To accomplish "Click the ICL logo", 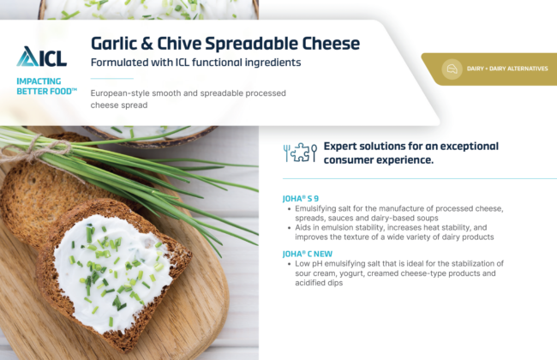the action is pos(42,57).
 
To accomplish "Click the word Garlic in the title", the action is pos(114,44).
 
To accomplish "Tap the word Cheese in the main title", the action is pos(331,44).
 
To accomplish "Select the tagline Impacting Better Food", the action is pos(46,87).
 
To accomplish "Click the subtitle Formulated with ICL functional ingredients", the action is pos(195,63).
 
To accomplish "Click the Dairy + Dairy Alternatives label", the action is pos(507,69).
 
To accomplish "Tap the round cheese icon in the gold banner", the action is pos(452,69).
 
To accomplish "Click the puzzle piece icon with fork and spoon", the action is pos(300,153).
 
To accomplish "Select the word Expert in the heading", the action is pos(339,147).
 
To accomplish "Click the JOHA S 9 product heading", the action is pos(301,198).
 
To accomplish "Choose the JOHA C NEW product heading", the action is pos(308,254).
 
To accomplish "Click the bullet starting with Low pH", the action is pos(396,273).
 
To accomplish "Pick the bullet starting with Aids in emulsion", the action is pos(391,232).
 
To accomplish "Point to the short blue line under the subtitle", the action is pos(112,78).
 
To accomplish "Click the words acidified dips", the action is pos(319,283).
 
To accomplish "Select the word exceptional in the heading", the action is pos(470,147).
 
